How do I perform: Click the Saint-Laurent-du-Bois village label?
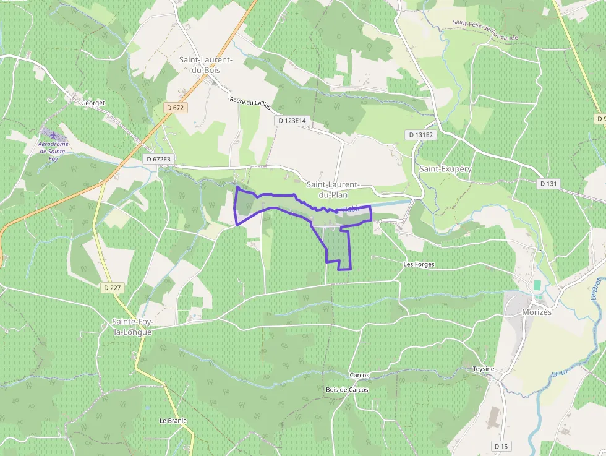coord(206,64)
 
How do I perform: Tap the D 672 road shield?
coord(176,108)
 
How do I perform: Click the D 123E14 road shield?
coord(292,121)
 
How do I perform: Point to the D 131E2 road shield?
coord(422,134)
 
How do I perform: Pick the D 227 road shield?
coord(111,287)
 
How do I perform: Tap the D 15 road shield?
coord(500,445)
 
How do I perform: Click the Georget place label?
coord(93,103)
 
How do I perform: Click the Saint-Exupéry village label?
coord(445,168)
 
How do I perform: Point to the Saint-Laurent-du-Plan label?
coord(333,189)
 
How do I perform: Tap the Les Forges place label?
coord(419,264)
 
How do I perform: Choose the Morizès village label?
coord(536,312)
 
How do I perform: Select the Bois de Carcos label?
coord(347,390)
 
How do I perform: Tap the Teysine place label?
coord(484,369)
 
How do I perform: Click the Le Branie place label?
coord(173,421)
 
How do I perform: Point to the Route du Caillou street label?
coord(250,103)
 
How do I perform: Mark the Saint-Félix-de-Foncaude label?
coord(485,30)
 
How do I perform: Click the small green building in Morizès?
coord(537,285)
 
